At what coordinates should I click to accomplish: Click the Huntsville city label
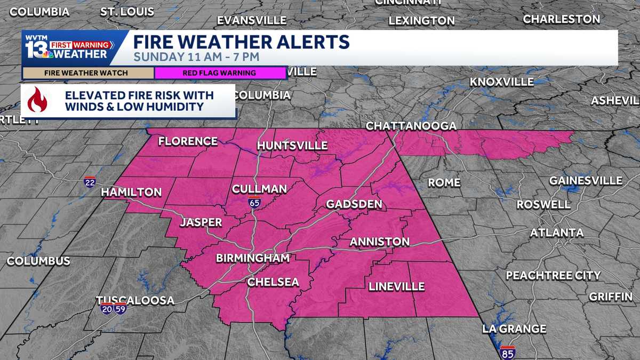tap(292, 146)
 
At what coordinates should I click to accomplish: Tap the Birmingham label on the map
tap(252, 258)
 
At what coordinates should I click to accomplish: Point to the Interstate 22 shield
tap(90, 182)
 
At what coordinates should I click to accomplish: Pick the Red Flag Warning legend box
tap(220, 73)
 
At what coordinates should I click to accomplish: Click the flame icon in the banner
tap(37, 100)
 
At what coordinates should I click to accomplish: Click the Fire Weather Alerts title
tap(241, 42)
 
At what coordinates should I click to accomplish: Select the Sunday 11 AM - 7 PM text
tap(196, 56)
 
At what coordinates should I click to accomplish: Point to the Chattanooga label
tap(411, 126)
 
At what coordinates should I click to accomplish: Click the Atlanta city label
tap(556, 233)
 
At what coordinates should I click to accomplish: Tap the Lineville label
tap(396, 286)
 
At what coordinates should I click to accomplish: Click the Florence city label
tap(188, 141)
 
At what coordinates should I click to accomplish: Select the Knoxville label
tap(501, 82)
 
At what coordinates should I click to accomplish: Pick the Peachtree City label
tap(553, 275)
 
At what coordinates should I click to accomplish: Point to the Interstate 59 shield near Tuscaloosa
tap(120, 309)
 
